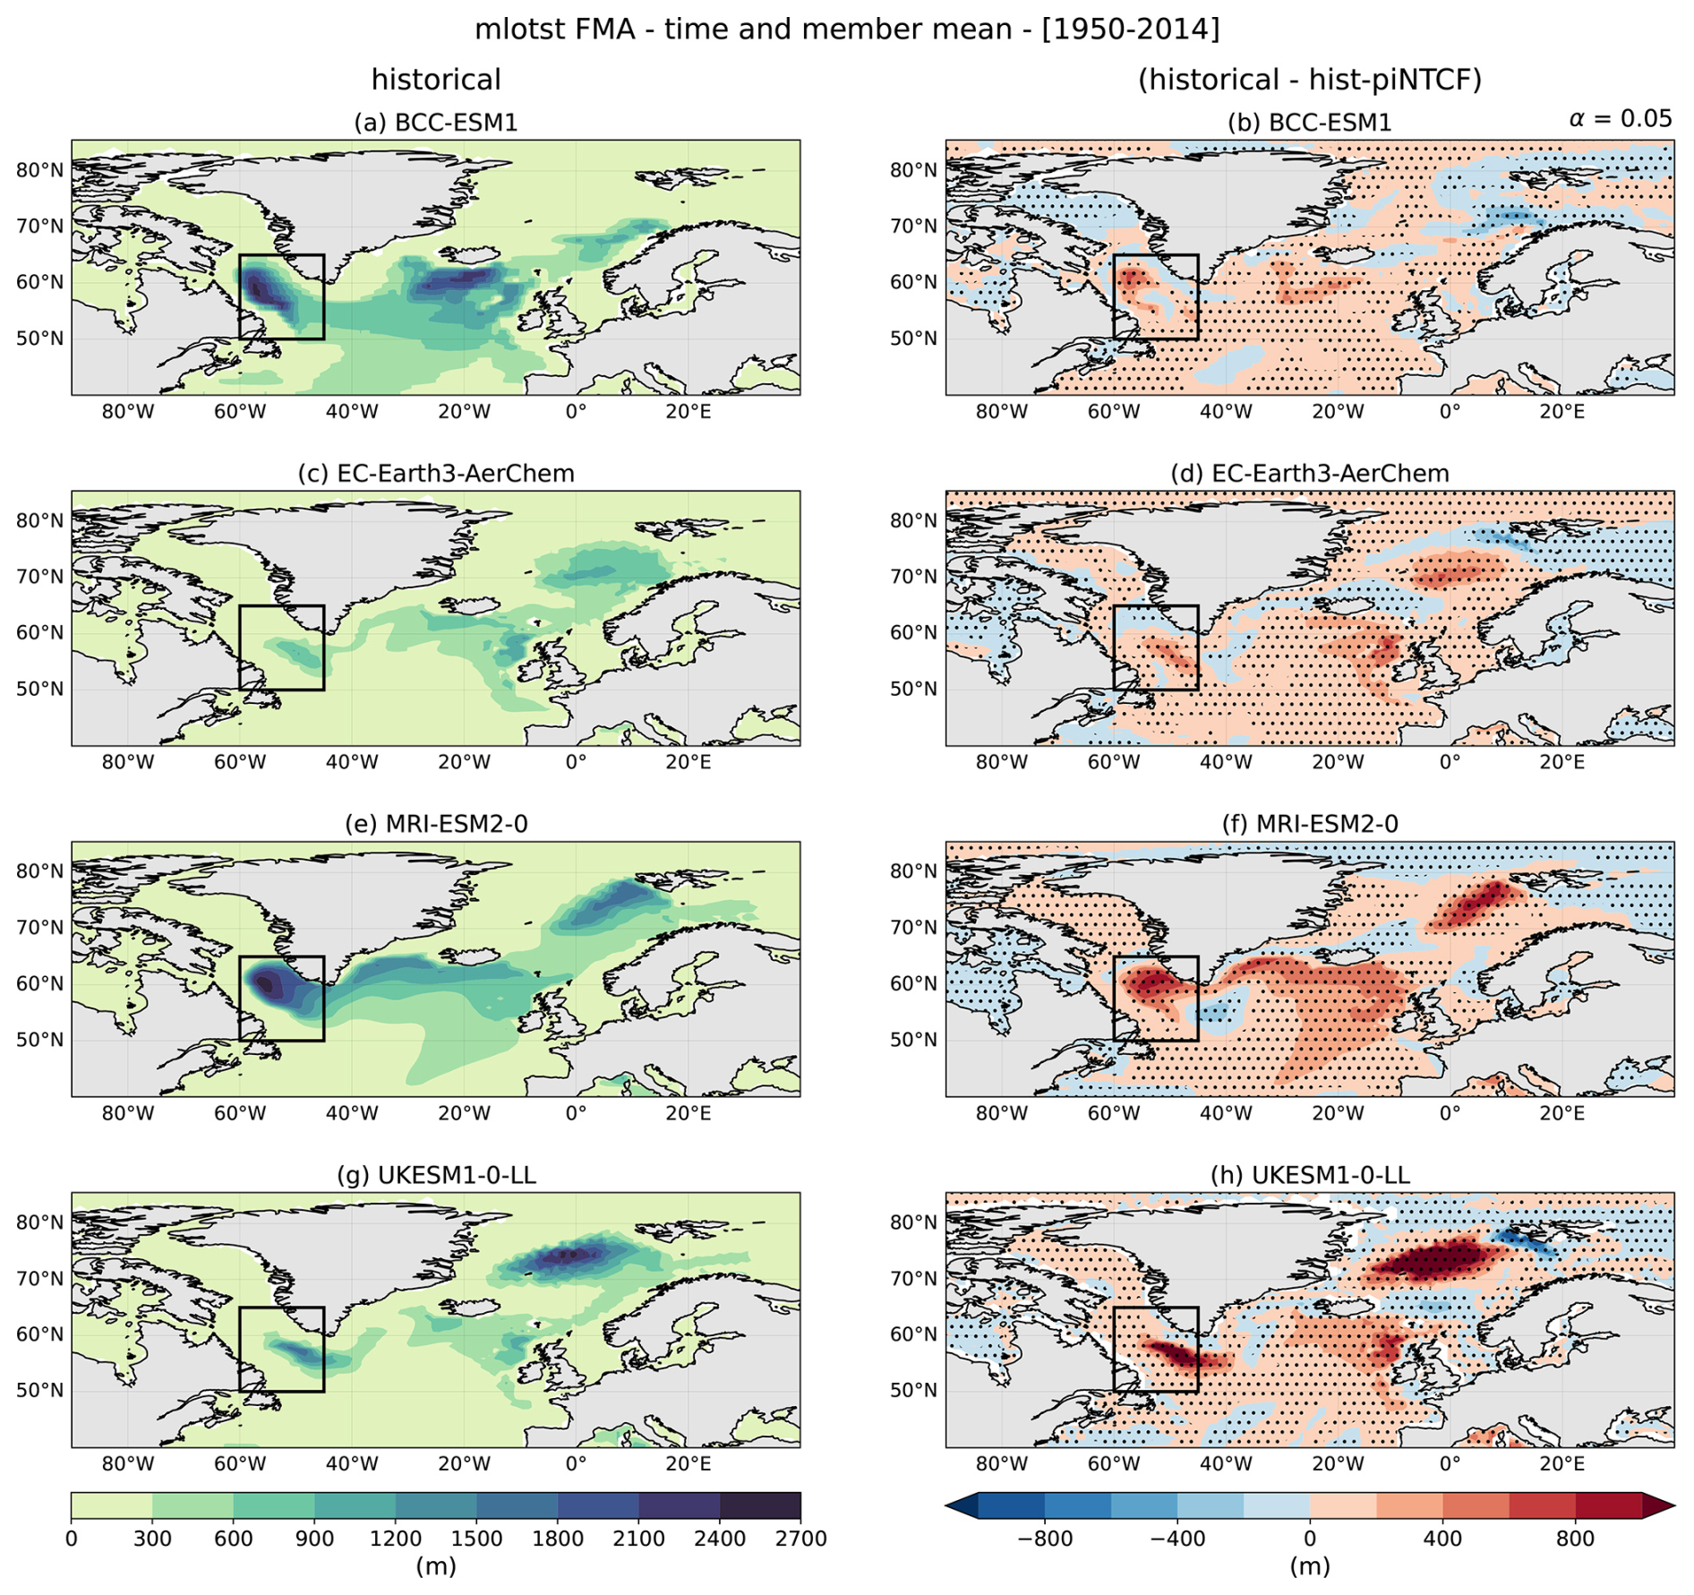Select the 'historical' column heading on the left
point(436,80)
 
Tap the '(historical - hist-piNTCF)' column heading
point(1309,80)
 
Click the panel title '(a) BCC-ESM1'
point(436,123)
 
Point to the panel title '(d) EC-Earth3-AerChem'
point(1309,474)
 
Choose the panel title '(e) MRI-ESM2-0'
point(436,824)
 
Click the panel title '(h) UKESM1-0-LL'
point(1309,1175)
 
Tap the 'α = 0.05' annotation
point(1620,118)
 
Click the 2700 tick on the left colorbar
point(800,1539)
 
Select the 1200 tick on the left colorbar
point(396,1539)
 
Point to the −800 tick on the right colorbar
point(1044,1539)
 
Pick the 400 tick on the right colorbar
point(1442,1539)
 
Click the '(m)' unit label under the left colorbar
point(436,1566)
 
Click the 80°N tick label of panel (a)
point(40,170)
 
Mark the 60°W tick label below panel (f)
point(1113,1113)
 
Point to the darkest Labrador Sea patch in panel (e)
point(268,985)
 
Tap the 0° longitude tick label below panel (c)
point(576,763)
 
